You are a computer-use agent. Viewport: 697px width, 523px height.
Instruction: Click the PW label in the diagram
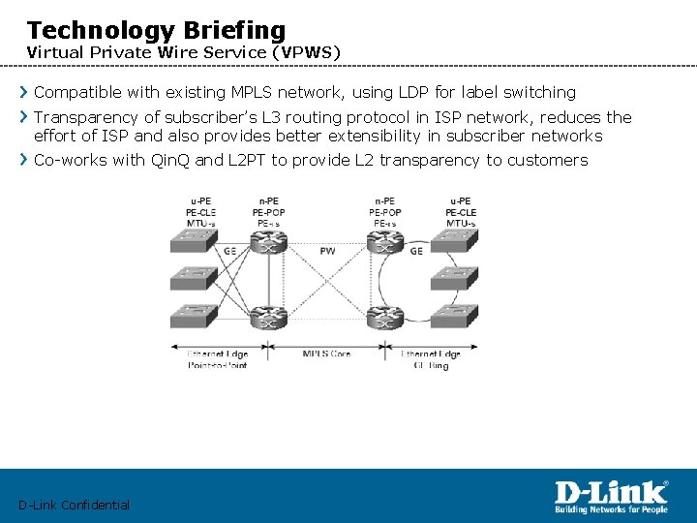coord(327,251)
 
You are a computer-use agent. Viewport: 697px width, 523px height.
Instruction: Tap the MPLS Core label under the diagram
coord(327,354)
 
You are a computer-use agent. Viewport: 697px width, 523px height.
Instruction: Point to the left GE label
coord(229,251)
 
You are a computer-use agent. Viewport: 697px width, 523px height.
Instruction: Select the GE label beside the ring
coord(416,251)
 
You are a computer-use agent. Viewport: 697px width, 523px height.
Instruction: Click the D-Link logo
coord(610,497)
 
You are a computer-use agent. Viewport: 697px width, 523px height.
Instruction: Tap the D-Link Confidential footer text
coord(74,505)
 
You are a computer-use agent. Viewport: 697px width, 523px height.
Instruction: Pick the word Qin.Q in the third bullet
coord(171,160)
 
